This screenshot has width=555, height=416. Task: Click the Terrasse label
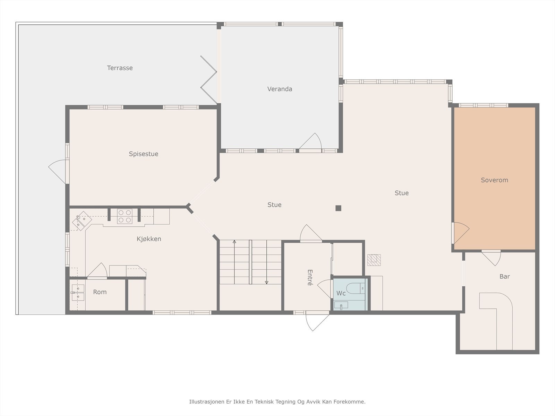click(x=120, y=68)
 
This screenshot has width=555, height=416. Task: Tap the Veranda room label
click(x=280, y=89)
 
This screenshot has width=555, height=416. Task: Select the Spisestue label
click(x=144, y=154)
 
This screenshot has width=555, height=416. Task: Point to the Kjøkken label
click(x=149, y=239)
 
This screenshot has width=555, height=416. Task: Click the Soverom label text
click(x=494, y=180)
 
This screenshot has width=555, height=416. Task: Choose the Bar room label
click(x=505, y=277)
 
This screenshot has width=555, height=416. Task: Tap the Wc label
click(x=341, y=293)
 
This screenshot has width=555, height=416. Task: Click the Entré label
click(x=310, y=278)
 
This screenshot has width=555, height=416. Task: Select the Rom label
click(x=100, y=292)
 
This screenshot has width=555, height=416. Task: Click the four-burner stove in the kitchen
click(x=125, y=216)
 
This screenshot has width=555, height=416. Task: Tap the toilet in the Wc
click(x=356, y=288)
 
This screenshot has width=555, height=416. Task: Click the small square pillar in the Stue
click(x=338, y=208)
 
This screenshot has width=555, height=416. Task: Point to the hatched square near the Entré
click(x=374, y=260)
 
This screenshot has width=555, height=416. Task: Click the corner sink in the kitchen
click(x=82, y=221)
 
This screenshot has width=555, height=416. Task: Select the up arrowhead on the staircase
click(x=234, y=242)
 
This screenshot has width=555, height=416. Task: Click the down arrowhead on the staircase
click(x=266, y=283)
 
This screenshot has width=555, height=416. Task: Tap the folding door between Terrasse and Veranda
click(x=209, y=80)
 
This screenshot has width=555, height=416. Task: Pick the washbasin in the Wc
click(x=341, y=305)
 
